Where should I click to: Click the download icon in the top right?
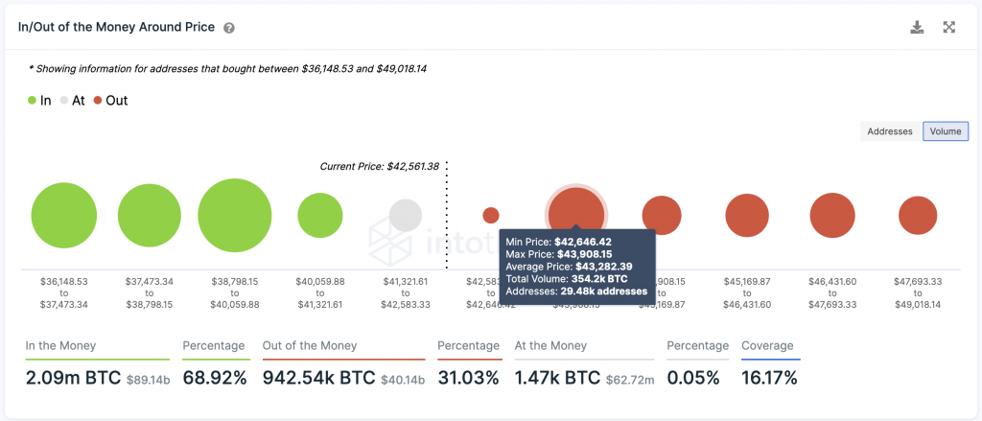[917, 28]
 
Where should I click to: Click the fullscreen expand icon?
[949, 28]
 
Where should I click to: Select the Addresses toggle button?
[890, 131]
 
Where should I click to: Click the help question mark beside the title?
[229, 28]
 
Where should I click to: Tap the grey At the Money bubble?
[406, 215]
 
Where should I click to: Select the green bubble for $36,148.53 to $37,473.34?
[64, 215]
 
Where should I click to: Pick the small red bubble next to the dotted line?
[491, 215]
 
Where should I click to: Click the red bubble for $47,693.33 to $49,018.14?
[918, 215]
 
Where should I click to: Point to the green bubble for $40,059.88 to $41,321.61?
[320, 215]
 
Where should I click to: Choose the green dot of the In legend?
[33, 100]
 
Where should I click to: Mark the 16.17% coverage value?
[769, 378]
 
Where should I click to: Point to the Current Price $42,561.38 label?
[379, 166]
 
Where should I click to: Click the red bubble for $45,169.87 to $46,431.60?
[747, 215]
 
